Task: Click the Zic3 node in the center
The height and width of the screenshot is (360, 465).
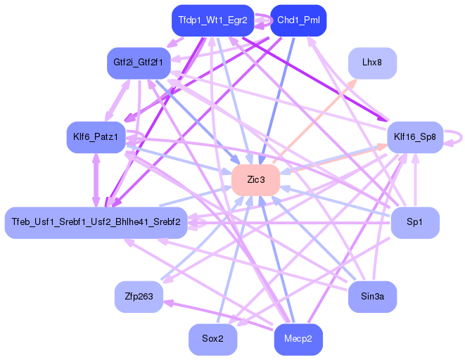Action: point(256,180)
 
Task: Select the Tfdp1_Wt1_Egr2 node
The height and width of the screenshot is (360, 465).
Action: point(212,20)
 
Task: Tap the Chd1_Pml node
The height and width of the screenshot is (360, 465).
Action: point(298,20)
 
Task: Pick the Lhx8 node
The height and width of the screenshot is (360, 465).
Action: point(372,63)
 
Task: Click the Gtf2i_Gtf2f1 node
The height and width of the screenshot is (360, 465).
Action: point(137,63)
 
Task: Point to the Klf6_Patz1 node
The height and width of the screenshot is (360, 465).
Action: point(95,136)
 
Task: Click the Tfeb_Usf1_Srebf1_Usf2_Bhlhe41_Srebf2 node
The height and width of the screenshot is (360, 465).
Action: point(96,222)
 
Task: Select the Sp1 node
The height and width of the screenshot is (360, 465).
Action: point(415,222)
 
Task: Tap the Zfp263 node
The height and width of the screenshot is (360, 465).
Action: point(139,296)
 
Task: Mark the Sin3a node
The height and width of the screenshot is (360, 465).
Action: point(372,296)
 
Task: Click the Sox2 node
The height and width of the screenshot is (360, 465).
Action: point(212,339)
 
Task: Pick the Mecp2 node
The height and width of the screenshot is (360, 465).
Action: point(298,339)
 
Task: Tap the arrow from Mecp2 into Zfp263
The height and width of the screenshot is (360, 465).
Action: point(211,314)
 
